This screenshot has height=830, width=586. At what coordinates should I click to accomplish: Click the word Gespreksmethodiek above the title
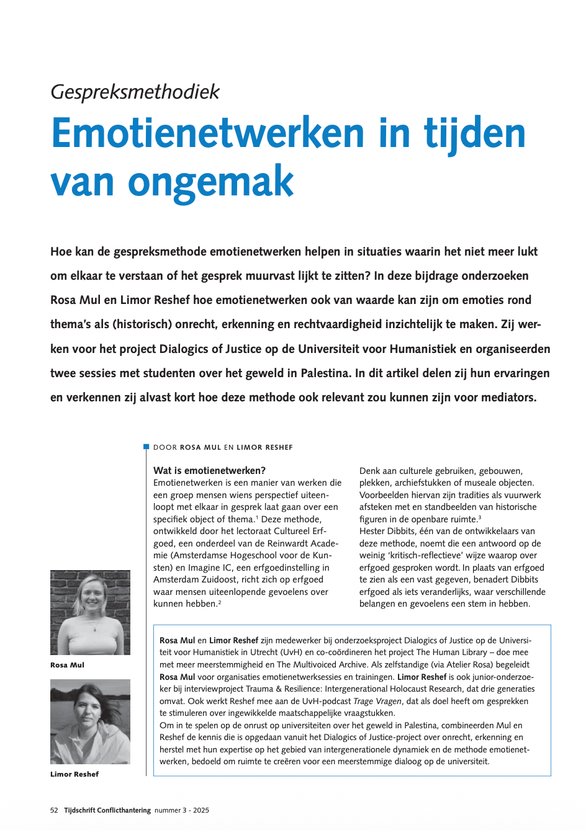(135, 92)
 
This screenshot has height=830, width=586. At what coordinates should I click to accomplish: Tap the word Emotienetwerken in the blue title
(207, 133)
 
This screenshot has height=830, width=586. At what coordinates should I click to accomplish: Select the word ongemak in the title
(210, 182)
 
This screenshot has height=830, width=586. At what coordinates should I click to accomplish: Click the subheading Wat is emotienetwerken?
(209, 470)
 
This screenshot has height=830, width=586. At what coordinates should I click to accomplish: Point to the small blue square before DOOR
(146, 447)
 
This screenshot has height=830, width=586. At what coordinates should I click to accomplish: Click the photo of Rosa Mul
(90, 612)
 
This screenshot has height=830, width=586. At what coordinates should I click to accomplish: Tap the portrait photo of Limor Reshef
(90, 721)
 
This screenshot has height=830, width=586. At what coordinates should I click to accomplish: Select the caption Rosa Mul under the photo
(67, 665)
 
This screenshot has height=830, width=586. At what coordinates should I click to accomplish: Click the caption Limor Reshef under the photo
(74, 774)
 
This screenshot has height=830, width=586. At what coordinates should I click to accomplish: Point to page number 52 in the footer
(54, 810)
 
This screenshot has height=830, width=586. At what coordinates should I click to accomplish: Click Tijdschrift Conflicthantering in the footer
(107, 810)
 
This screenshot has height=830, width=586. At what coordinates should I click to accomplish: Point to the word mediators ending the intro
(505, 397)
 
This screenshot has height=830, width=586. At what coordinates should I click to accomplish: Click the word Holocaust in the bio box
(395, 689)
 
